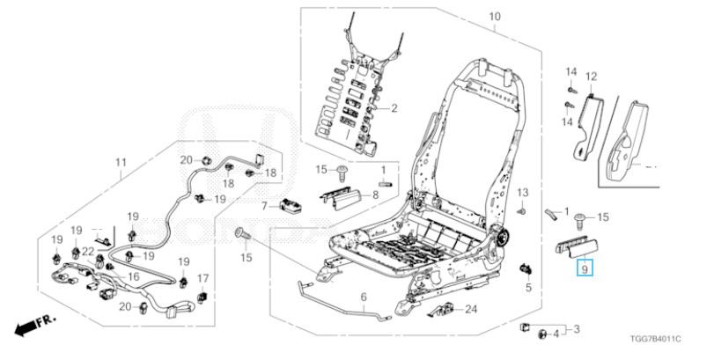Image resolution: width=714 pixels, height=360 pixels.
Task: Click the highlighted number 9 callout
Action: coord(585,268)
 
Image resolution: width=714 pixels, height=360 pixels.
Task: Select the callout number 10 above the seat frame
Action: coord(495,17)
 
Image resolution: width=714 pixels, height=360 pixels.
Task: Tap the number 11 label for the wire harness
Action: coord(121,163)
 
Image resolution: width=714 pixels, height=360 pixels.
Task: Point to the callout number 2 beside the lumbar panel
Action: coord(394,108)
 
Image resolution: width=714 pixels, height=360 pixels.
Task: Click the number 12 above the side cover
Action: coord(591,77)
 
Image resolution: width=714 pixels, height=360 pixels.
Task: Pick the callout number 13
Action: coord(523,193)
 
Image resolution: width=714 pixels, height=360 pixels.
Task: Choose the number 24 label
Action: coord(471,310)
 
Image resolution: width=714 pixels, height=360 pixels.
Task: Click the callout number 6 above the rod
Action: coord(364,298)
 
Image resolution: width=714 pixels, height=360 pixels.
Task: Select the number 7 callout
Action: coord(265,207)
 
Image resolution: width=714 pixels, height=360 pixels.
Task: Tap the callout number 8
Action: coord(376,195)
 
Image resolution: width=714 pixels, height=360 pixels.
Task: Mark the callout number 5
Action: coord(528,287)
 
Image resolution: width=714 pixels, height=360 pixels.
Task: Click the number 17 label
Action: coord(203,277)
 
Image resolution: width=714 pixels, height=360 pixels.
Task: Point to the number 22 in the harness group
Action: coord(88,250)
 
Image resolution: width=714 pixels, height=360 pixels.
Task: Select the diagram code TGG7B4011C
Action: coord(656,339)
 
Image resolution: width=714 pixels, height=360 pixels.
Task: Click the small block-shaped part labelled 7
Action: coord(290,206)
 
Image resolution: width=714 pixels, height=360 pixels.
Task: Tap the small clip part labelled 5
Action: coord(526,268)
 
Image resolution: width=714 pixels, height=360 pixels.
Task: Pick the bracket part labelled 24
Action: coord(441,310)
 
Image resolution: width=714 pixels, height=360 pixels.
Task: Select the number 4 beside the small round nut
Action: coord(556,334)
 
